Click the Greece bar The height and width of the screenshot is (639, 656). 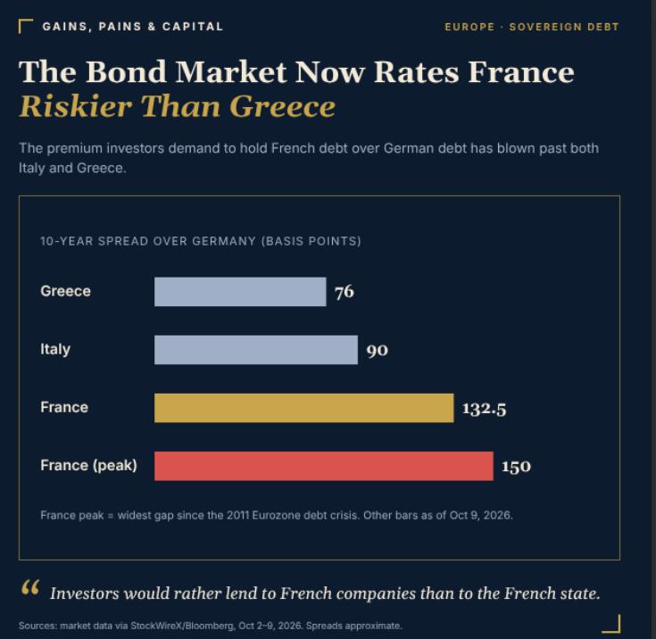(240, 292)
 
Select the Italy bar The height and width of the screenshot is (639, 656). (256, 350)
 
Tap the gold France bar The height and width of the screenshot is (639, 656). (303, 408)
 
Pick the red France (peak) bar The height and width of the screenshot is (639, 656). (324, 466)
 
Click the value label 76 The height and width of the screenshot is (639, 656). (345, 292)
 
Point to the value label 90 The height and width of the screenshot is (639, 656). (377, 350)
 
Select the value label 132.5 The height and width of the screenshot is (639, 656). (484, 409)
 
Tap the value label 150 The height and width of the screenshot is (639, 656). (516, 467)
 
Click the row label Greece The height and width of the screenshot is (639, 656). (66, 291)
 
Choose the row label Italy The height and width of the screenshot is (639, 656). (55, 350)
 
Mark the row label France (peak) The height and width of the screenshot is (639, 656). (88, 465)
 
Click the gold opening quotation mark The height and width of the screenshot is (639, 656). (30, 587)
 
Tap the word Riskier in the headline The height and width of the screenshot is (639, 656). (76, 106)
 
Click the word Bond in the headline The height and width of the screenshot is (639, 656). (127, 71)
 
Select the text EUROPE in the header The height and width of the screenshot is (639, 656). (469, 27)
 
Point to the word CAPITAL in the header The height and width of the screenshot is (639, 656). (193, 27)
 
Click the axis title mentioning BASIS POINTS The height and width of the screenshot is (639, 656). (201, 241)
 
